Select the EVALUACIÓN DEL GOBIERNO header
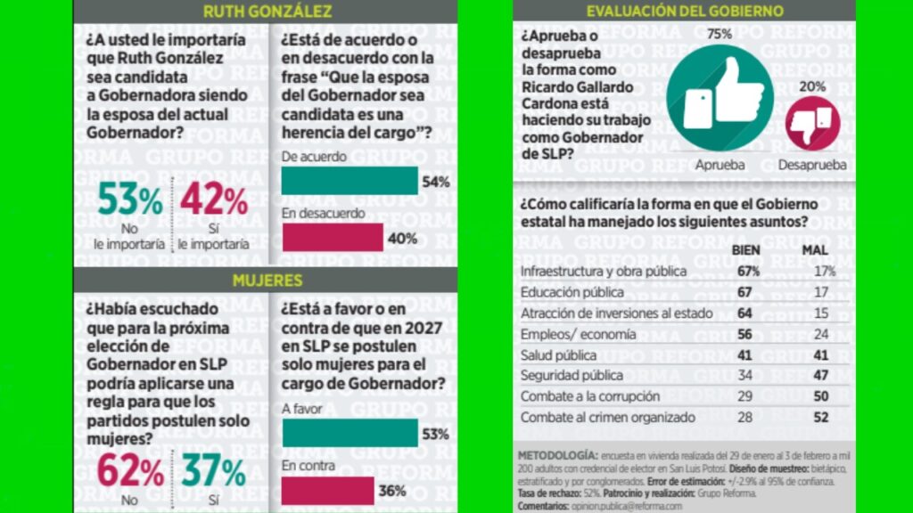coord(685,12)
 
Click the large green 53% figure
coord(130,199)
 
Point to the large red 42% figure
coord(214,199)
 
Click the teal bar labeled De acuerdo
coord(350,181)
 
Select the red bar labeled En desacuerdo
coord(332,238)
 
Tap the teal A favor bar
coord(349,433)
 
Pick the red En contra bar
coord(327,490)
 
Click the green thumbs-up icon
coord(720,95)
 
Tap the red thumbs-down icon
coord(812,123)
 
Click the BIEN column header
coord(745,250)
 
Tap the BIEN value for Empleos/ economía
coord(745,334)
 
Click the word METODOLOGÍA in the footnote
coord(557,456)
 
